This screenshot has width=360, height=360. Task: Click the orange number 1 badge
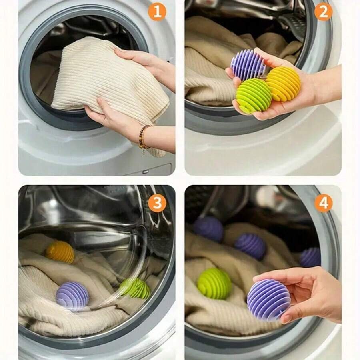pyautogui.click(x=157, y=12)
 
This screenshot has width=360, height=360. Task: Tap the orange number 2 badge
pyautogui.click(x=323, y=12)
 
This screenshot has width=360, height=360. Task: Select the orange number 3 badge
pyautogui.click(x=157, y=203)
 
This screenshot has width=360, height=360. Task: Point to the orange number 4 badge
pyautogui.click(x=323, y=203)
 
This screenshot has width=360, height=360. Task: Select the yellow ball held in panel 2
pyautogui.click(x=283, y=84)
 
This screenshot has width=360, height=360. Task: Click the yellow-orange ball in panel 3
pyautogui.click(x=60, y=252)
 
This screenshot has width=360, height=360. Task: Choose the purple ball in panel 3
pyautogui.click(x=72, y=296)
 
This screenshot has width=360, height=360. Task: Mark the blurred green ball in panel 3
pyautogui.click(x=136, y=288)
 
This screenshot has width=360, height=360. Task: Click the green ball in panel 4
pyautogui.click(x=214, y=284)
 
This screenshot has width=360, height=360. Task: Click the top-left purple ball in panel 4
pyautogui.click(x=208, y=229)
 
